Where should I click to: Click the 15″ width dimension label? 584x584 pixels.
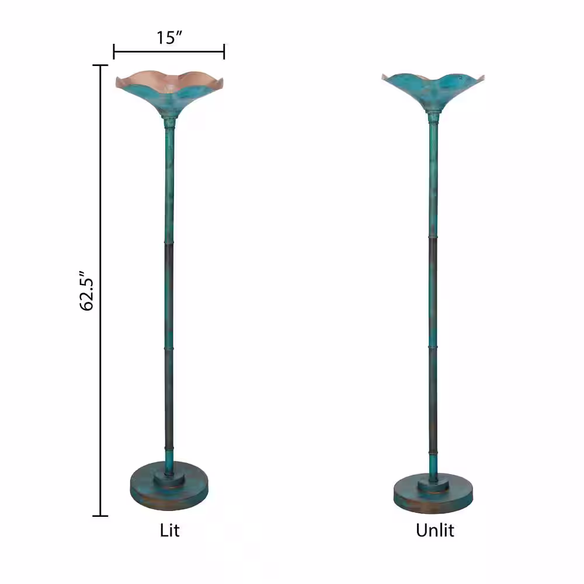tap(169, 37)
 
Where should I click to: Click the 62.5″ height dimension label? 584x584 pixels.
tap(86, 290)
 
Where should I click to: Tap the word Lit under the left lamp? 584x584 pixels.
tap(169, 530)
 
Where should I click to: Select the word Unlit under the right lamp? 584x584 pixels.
tap(435, 530)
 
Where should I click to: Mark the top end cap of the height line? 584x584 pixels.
tap(100, 65)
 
